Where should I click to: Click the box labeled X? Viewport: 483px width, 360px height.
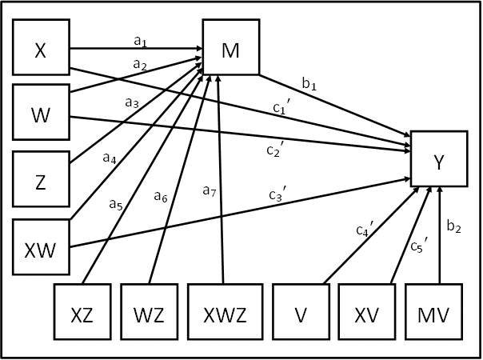click(x=40, y=50)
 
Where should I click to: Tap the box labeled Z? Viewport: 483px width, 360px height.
click(x=40, y=177)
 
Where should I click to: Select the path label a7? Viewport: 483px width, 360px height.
click(x=209, y=190)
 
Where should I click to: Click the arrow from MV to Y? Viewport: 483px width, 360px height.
click(x=440, y=240)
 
